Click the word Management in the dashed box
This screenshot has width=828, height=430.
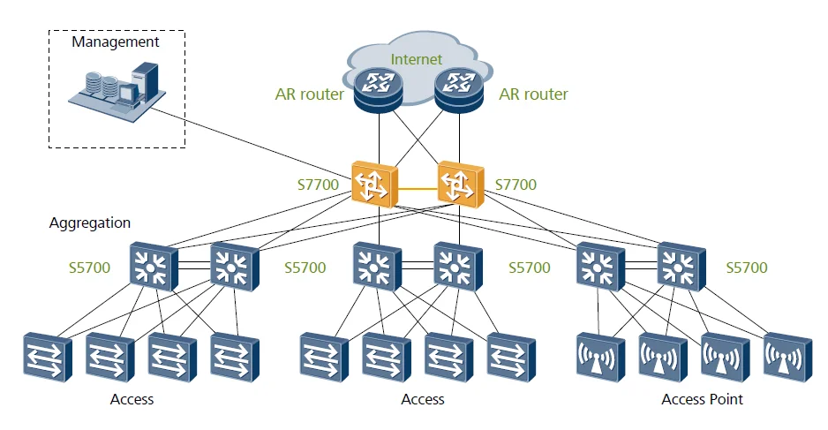(x=116, y=41)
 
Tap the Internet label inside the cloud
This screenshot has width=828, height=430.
(x=417, y=59)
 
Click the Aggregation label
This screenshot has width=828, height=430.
(x=90, y=223)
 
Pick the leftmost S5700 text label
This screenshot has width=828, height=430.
(x=90, y=268)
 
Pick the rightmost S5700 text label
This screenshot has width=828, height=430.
(x=746, y=268)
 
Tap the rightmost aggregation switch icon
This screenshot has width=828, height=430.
(x=681, y=266)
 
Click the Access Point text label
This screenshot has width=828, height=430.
(x=702, y=399)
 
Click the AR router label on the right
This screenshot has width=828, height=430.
(x=534, y=94)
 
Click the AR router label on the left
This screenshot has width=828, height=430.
(x=310, y=94)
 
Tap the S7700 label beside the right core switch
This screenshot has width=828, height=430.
(x=516, y=185)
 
